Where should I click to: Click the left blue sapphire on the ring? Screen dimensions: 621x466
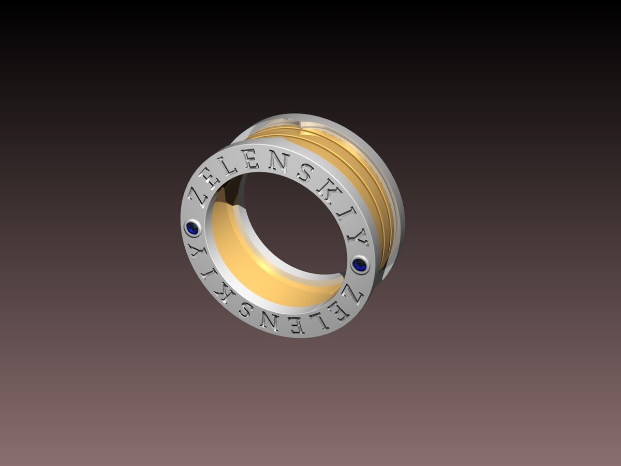point(193,227)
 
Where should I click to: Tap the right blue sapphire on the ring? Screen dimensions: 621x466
point(359,265)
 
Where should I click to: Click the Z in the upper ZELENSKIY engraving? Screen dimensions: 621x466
point(202,195)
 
